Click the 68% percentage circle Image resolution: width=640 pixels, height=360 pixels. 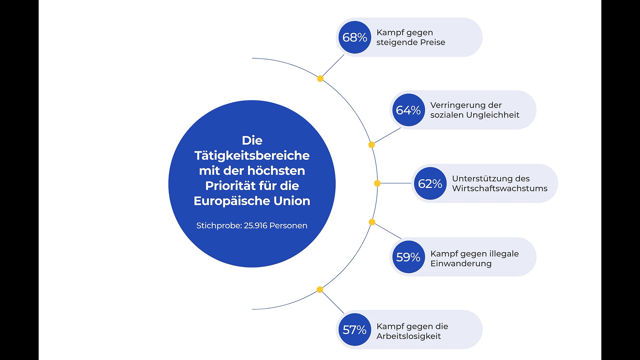(354, 37)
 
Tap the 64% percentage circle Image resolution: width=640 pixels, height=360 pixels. (408, 110)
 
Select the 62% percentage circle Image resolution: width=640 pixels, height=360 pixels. (430, 184)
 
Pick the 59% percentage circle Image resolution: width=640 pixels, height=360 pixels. (408, 257)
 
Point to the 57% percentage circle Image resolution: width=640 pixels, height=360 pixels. (354, 330)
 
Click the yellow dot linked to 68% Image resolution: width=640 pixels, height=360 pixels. (320, 79)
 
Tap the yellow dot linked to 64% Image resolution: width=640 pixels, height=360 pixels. (371, 145)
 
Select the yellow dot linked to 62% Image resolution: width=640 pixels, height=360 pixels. (377, 183)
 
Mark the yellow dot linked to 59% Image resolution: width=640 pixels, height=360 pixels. (372, 222)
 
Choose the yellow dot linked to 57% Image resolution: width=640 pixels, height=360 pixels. (320, 289)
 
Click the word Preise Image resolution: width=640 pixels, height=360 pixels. (433, 42)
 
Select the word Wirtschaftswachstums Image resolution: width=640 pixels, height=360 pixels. (500, 188)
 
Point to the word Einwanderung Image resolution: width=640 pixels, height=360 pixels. (461, 263)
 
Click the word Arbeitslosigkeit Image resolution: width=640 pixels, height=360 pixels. (409, 336)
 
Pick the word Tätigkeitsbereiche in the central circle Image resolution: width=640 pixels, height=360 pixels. (252, 156)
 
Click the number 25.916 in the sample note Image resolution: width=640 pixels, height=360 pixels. (256, 226)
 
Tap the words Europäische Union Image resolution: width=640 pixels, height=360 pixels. (252, 201)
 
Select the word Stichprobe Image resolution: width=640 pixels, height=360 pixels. (219, 226)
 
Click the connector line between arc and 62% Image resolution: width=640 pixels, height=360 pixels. (396, 183)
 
